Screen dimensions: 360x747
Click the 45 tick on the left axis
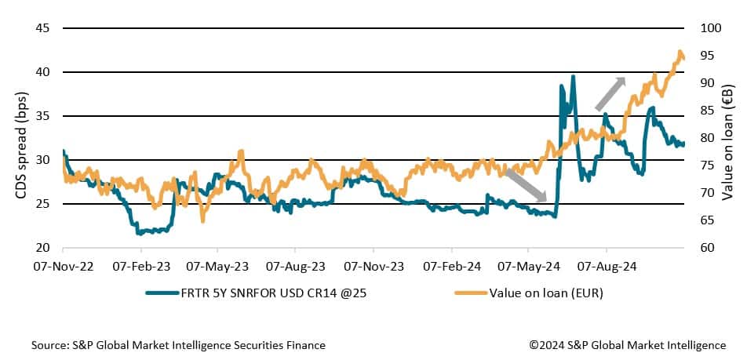(43, 28)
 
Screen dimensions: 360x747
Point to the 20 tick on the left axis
(43, 248)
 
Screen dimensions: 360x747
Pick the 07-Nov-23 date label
(372, 267)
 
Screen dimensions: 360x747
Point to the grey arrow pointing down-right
(525, 185)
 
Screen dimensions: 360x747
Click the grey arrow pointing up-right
(610, 93)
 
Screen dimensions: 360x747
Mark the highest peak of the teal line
(574, 76)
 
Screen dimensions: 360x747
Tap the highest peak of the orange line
(680, 52)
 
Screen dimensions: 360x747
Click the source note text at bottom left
(178, 345)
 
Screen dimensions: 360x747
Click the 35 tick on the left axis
(43, 116)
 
